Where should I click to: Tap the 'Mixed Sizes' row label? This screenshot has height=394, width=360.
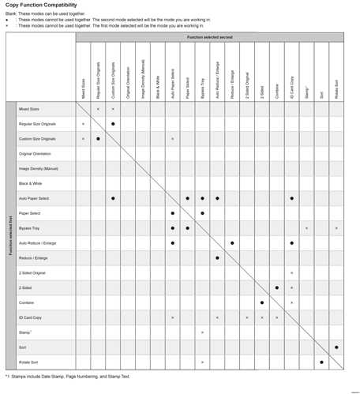point(29,109)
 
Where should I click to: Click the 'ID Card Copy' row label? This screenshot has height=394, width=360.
point(31,317)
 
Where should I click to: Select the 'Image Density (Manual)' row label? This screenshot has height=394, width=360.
point(39,168)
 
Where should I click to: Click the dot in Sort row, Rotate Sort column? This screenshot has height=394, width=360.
point(336,347)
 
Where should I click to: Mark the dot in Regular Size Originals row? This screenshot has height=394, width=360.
point(113,124)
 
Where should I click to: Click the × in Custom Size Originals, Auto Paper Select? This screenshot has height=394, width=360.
point(173,139)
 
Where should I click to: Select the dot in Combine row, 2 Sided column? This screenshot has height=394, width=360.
point(262,302)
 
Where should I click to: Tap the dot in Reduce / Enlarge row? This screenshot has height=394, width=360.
point(217,257)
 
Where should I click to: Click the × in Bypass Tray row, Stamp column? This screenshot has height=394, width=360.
point(306,227)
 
